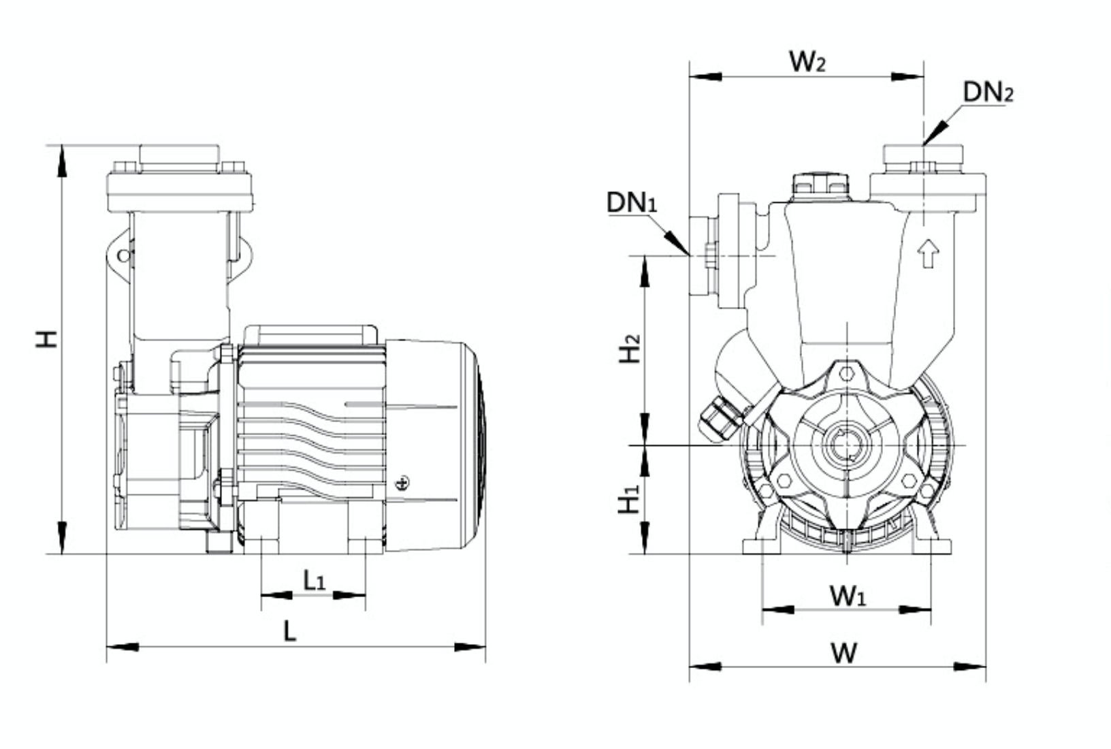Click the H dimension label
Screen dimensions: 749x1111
tap(47, 338)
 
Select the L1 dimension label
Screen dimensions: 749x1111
tap(314, 580)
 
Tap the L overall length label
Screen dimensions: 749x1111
tap(290, 631)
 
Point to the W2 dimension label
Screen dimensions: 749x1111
tap(807, 61)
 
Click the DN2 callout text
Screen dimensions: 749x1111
tap(987, 92)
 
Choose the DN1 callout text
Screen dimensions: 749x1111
tap(631, 202)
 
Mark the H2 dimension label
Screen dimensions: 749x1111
tap(630, 349)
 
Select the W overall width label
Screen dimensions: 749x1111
tap(843, 652)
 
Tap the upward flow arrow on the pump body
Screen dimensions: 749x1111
tap(928, 253)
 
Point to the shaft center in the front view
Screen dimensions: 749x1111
tap(846, 445)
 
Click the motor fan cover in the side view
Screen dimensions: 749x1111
tap(436, 443)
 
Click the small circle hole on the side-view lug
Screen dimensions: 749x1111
tap(123, 256)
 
